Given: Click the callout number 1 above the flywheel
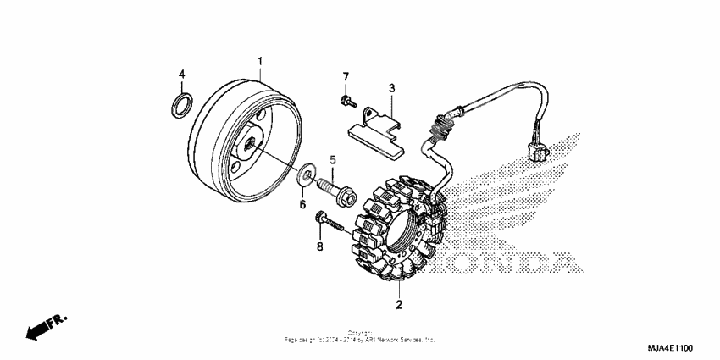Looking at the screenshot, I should click(x=260, y=61).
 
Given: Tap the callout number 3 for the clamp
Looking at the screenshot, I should click(x=391, y=87).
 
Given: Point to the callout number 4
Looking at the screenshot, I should click(x=180, y=75).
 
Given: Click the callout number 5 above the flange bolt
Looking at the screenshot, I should click(x=333, y=158).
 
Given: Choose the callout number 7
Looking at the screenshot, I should click(x=346, y=78).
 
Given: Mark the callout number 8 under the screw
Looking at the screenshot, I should click(x=319, y=246).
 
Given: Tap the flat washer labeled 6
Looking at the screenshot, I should click(x=303, y=177).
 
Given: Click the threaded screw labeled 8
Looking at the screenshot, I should click(x=328, y=222).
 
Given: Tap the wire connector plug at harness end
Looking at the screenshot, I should click(x=535, y=153).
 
